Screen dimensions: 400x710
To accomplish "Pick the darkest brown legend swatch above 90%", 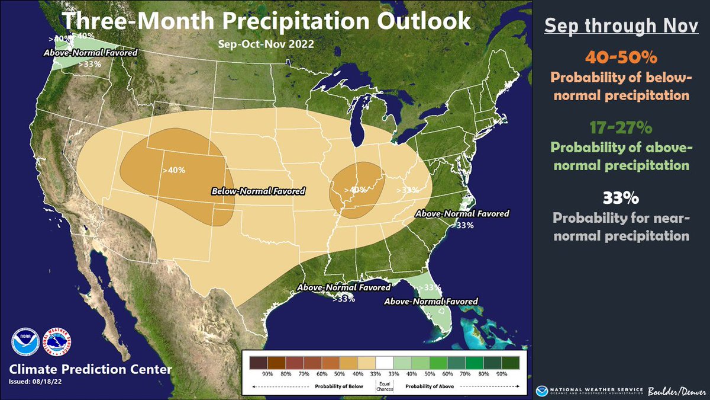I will pos(258,362).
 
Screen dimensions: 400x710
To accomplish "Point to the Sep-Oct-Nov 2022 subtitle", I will pos(266,43).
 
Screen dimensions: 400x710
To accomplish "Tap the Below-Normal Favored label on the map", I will pos(259,191).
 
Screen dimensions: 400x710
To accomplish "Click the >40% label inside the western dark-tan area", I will pos(173,170).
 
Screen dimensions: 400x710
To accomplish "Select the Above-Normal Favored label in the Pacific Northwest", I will pos(91,53).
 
